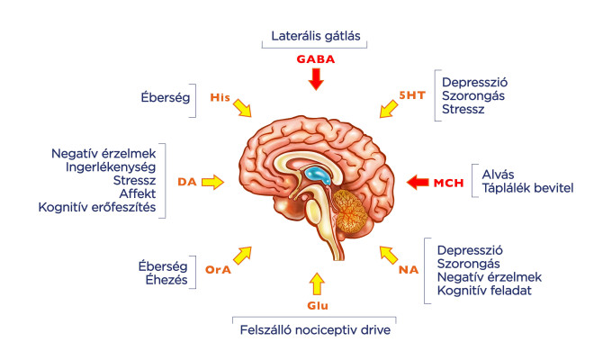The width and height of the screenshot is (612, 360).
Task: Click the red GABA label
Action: tap(315, 59)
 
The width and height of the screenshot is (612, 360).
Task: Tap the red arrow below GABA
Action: tap(316, 79)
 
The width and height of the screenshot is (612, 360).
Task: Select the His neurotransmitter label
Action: tap(220, 97)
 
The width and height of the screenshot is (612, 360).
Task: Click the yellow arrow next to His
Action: tap(242, 108)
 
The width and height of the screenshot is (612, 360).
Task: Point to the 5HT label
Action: tap(412, 95)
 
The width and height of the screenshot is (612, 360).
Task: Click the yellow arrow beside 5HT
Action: tap(389, 109)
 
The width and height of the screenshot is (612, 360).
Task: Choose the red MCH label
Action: tap(449, 183)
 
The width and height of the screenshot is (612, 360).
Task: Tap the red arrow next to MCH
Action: tap(418, 182)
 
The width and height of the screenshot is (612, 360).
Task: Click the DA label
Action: tap(187, 182)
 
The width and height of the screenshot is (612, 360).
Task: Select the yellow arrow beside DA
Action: tap(212, 182)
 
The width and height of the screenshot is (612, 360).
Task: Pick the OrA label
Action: tap(218, 270)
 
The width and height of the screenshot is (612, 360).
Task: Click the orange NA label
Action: tap(409, 270)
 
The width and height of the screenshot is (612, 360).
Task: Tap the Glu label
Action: tap(318, 306)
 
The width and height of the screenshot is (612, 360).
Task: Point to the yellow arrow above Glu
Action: tap(317, 283)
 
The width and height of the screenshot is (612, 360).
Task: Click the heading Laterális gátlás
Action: tap(316, 36)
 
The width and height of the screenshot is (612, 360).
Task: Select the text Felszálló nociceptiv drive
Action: tap(315, 330)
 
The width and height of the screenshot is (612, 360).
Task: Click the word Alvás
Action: tap(498, 175)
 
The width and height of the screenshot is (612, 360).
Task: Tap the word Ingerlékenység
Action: tap(111, 167)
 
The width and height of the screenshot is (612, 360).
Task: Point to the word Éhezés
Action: tap(166, 280)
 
